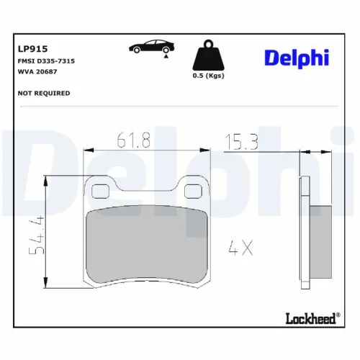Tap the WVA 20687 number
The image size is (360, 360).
tap(37, 72)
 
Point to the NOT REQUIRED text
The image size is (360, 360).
tap(43, 93)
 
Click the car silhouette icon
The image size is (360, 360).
tap(148, 47)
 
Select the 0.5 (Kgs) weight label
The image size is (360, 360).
tap(207, 74)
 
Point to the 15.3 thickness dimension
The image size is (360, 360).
tap(242, 142)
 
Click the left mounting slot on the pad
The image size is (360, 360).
tap(100, 191)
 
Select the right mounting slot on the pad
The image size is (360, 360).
tap(193, 191)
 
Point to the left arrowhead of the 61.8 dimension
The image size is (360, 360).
tap(88, 151)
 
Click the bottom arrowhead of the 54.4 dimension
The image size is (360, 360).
tap(48, 282)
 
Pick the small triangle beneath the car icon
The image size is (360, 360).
tap(166, 55)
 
